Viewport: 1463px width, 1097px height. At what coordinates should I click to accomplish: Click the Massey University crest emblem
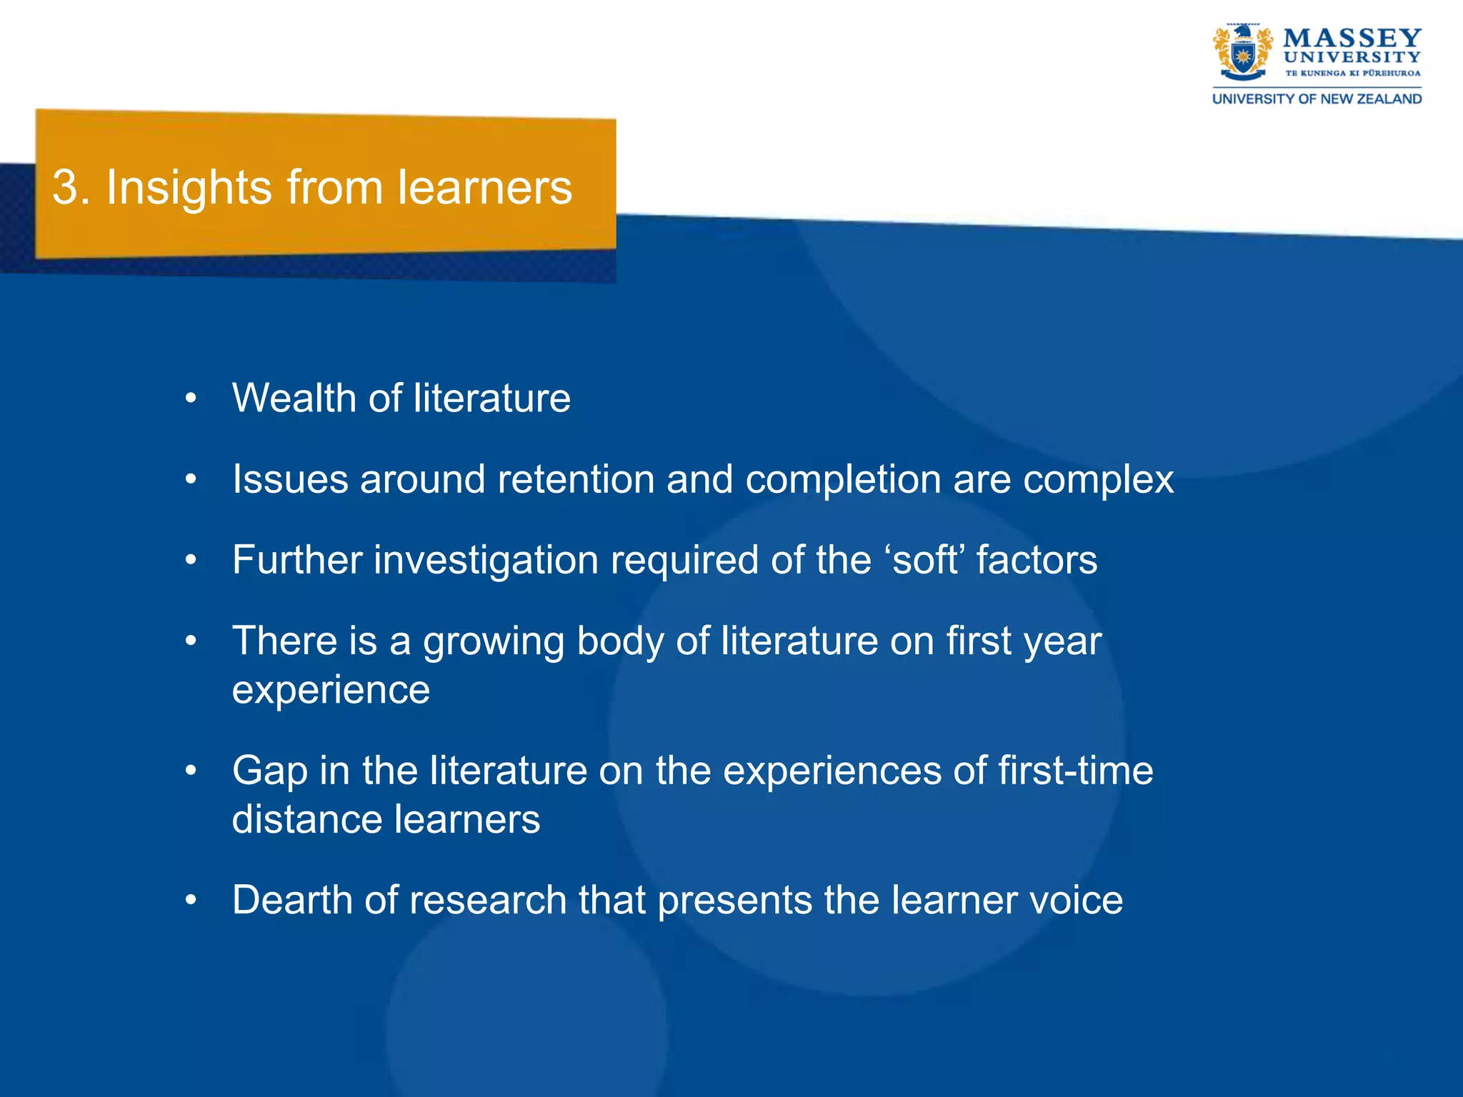1243,52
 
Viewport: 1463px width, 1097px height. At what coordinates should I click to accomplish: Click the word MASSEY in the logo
1352,38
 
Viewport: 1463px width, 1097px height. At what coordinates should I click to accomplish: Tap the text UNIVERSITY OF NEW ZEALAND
1317,99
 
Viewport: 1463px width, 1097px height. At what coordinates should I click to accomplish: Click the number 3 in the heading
65,188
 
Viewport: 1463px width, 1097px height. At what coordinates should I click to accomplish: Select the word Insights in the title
189,188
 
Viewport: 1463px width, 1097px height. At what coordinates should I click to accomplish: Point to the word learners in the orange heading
485,188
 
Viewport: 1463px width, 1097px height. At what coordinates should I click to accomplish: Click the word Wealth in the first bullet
294,398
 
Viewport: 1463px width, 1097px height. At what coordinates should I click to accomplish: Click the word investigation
486,561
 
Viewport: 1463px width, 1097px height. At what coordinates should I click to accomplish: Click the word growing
494,641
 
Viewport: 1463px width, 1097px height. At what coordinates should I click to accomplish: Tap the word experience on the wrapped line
331,690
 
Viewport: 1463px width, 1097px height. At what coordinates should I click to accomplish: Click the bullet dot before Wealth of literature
190,399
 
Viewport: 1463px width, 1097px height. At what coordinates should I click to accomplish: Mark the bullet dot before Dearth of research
190,901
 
